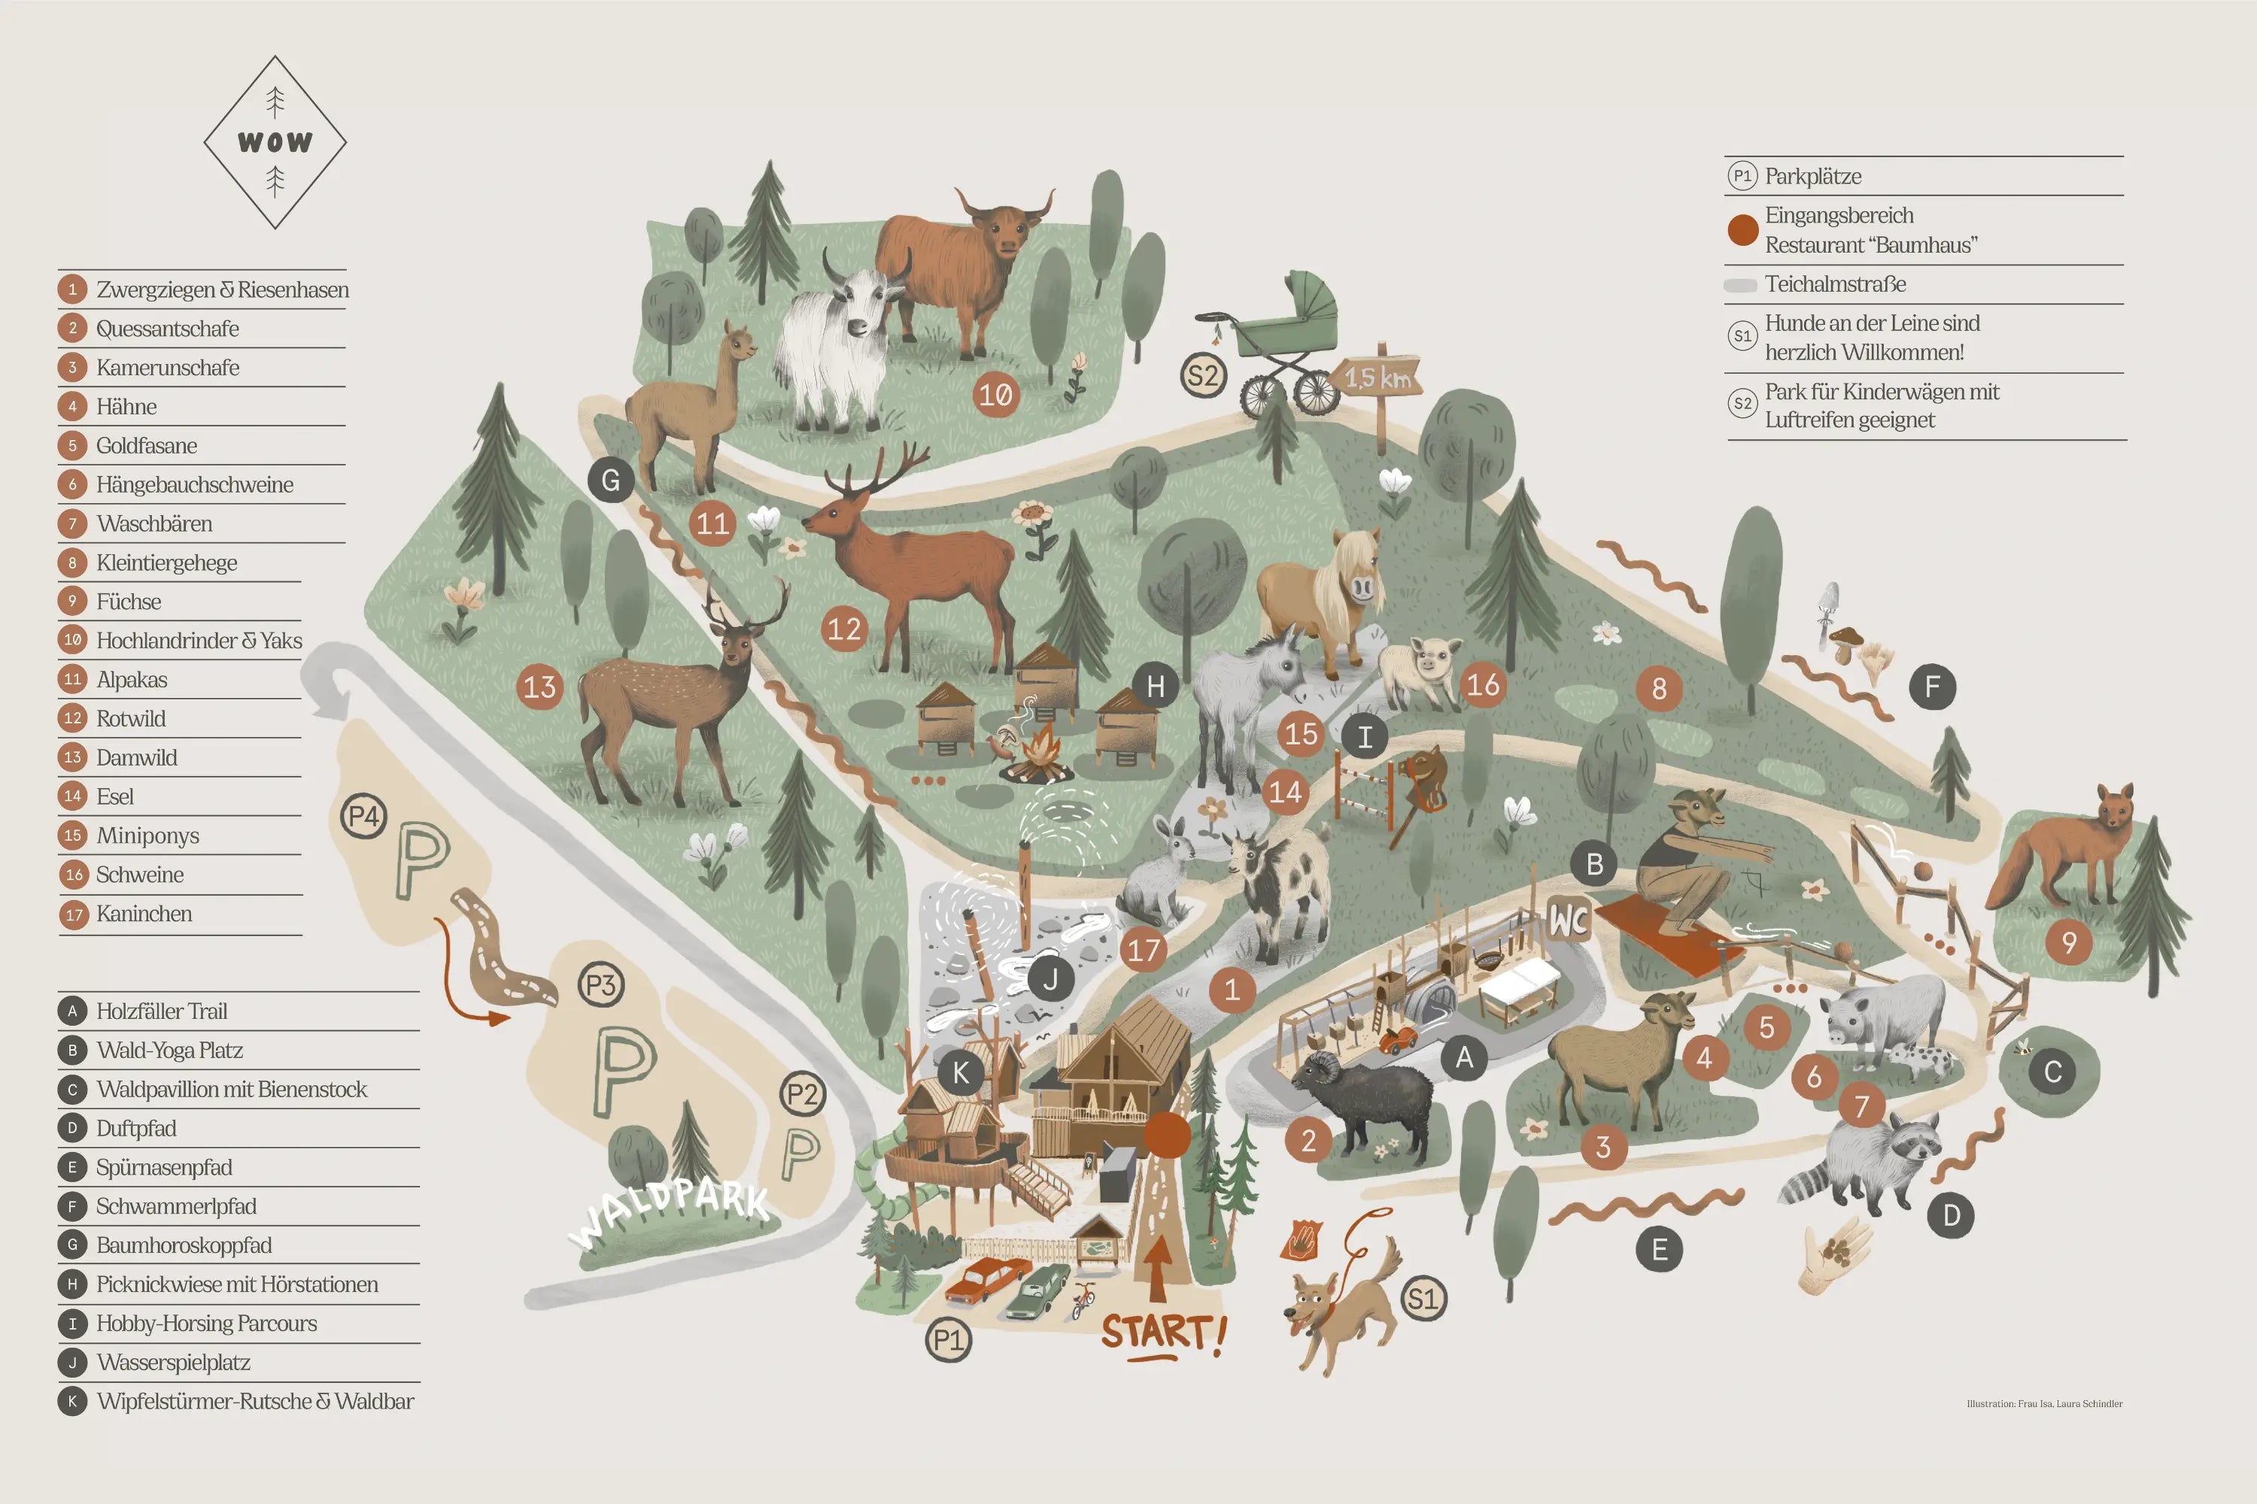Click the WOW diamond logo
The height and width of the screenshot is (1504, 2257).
tap(275, 142)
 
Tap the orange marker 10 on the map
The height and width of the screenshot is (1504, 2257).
tap(995, 394)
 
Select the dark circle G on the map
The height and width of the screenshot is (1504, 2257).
tap(610, 480)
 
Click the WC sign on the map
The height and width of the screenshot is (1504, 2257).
tap(1569, 920)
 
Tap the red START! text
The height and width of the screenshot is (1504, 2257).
tap(1162, 1333)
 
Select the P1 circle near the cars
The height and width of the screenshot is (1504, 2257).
tap(948, 1340)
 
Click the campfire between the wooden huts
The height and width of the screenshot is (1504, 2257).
tap(1041, 753)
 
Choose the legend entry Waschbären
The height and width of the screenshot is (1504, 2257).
tap(154, 523)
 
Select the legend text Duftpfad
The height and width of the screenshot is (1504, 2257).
tap(136, 1128)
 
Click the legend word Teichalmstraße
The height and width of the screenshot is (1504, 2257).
tap(1834, 284)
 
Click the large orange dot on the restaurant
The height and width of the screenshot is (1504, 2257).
tap(1167, 1135)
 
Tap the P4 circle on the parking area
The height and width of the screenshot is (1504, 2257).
tap(363, 816)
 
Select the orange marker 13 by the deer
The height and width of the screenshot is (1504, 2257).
tap(539, 687)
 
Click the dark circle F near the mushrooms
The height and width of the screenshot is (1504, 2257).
tap(1932, 687)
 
